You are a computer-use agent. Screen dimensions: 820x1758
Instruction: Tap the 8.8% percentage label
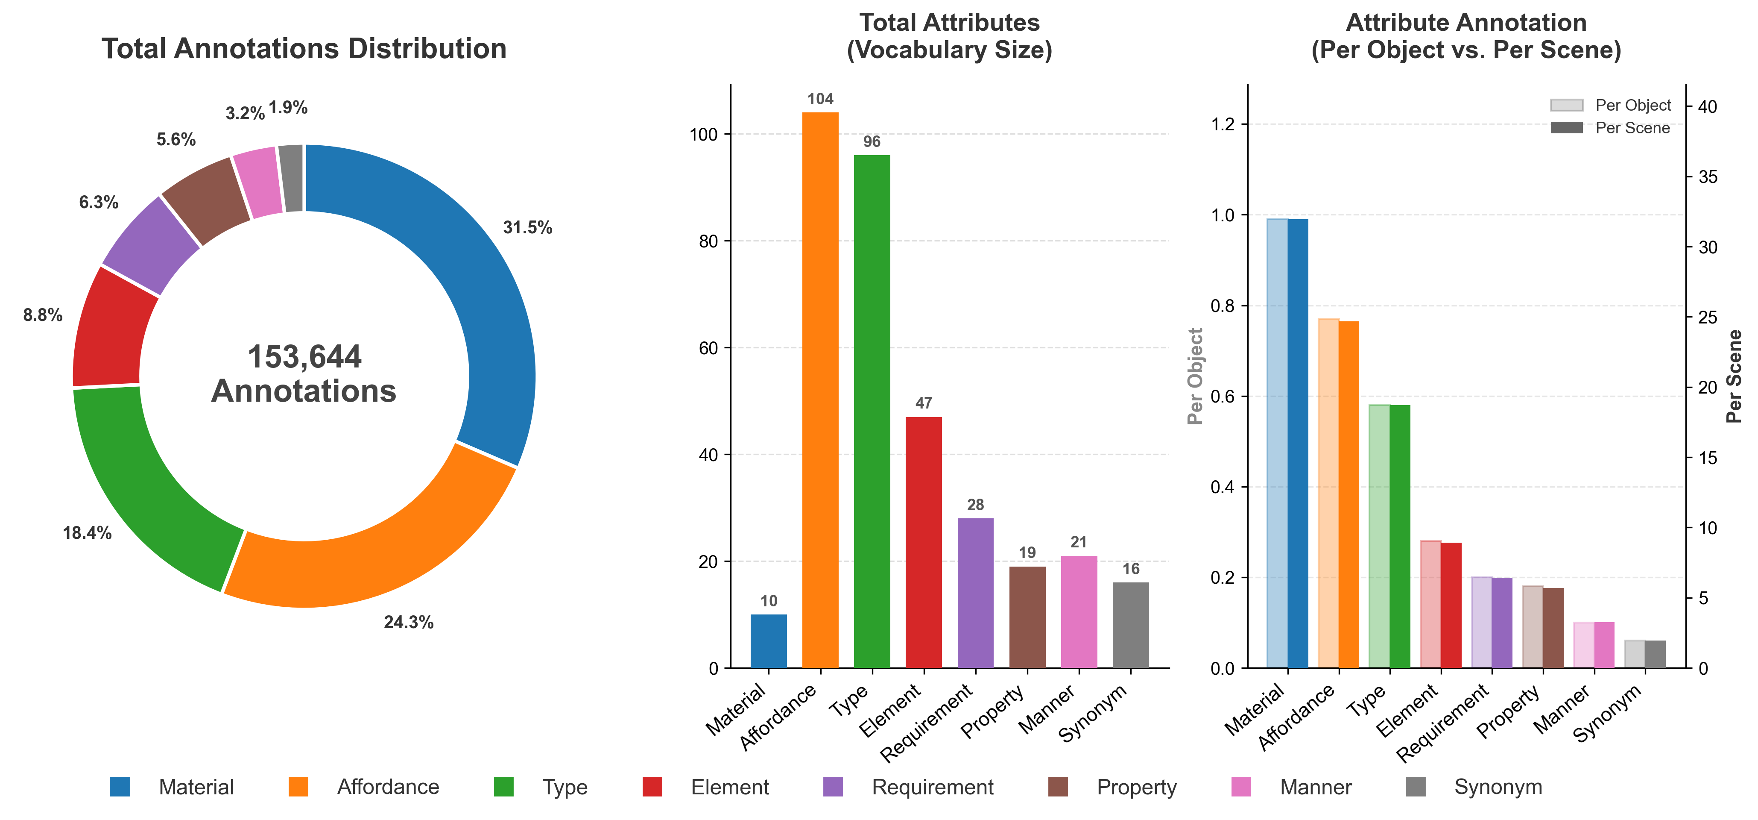(42, 315)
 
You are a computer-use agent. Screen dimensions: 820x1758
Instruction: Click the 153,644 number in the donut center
(304, 357)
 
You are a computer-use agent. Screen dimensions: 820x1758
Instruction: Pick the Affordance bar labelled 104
(820, 389)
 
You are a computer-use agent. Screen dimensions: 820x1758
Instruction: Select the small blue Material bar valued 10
(769, 642)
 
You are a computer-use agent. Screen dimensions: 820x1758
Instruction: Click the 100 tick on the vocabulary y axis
(704, 135)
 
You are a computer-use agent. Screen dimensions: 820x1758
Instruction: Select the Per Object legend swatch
(1566, 105)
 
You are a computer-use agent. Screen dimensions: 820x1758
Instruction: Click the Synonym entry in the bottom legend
(1498, 787)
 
